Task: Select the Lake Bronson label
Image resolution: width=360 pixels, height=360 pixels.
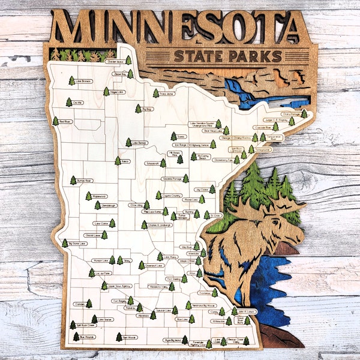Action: point(83,80)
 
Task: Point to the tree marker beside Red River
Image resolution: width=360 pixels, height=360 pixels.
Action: point(56,121)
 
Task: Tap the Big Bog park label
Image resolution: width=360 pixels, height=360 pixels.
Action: point(148,109)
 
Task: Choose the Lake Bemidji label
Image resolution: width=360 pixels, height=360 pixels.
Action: point(139,143)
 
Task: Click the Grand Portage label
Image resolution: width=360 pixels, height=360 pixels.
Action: point(290,114)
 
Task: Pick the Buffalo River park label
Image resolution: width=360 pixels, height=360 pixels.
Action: point(85,180)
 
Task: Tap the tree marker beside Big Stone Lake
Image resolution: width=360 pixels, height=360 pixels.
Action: point(65,243)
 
